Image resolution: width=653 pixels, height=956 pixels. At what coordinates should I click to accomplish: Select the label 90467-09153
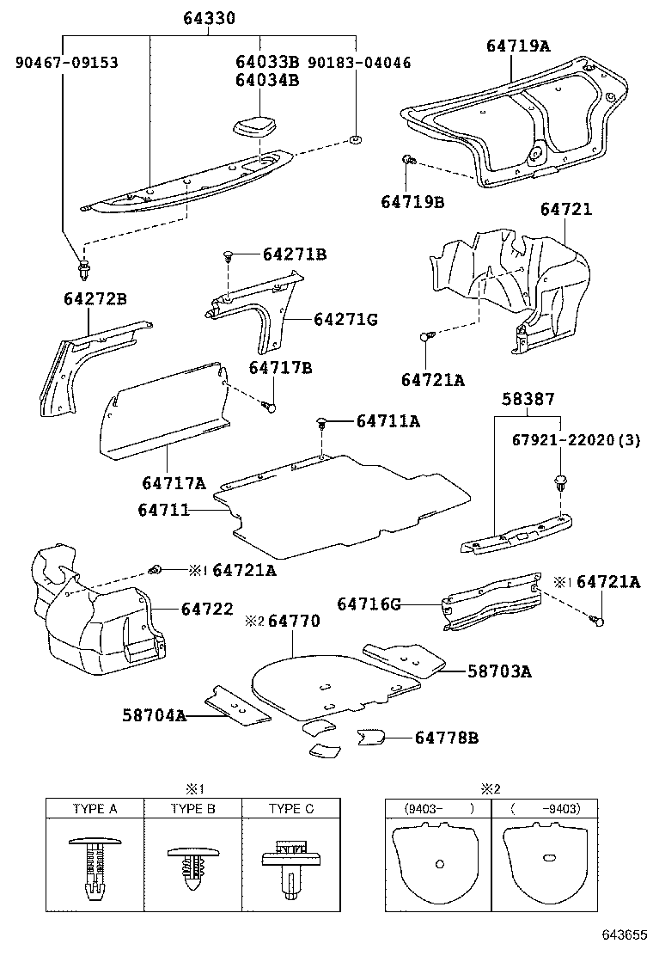[66, 63]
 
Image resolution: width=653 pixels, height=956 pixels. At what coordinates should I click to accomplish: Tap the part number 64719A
[519, 46]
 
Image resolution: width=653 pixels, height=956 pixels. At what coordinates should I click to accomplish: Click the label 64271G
[345, 319]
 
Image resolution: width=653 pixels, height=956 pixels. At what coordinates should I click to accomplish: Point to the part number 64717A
[174, 483]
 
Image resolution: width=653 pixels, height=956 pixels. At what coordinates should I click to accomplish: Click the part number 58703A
[499, 671]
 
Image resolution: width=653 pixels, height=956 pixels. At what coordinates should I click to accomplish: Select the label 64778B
[447, 738]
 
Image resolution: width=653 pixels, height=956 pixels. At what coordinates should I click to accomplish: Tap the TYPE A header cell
[95, 809]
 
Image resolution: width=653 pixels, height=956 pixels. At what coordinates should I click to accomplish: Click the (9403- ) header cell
[439, 809]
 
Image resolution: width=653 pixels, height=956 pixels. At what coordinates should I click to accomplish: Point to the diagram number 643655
[623, 934]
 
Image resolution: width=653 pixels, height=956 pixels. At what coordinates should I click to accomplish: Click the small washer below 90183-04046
[355, 140]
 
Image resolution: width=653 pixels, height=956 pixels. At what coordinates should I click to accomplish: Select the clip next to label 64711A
[321, 421]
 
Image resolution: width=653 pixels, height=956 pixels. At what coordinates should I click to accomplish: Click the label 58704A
[154, 715]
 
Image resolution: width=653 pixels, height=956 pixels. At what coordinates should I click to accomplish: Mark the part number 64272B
[95, 298]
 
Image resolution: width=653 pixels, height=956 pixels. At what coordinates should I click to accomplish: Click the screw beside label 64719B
[410, 160]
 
